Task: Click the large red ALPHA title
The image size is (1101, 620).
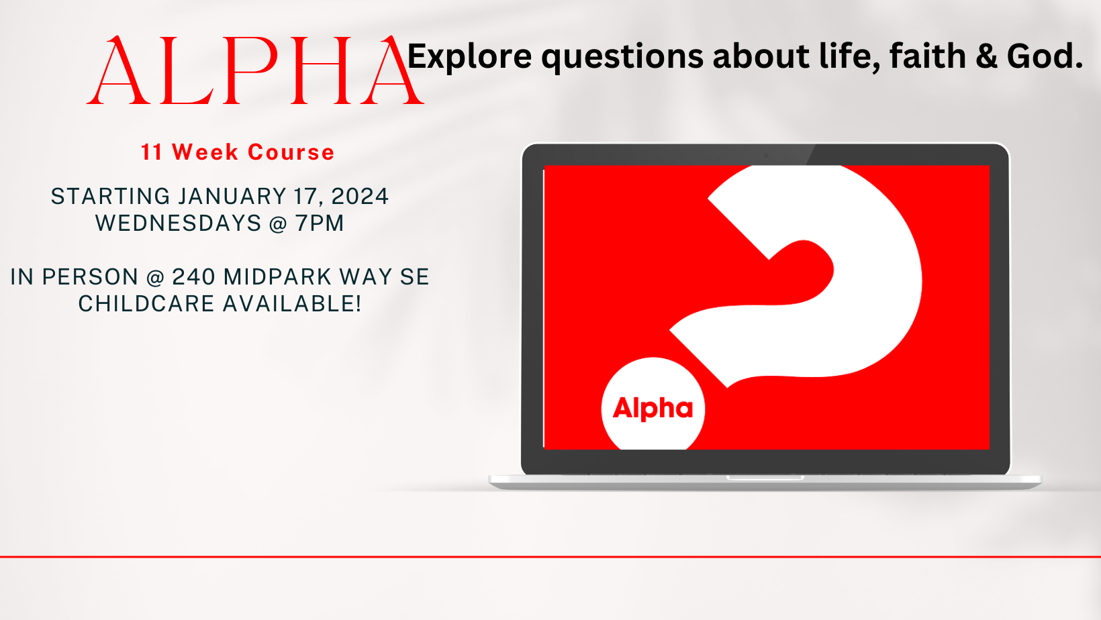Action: [256, 70]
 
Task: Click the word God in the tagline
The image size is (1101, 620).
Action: [1045, 56]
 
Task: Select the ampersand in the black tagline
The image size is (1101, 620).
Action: [986, 56]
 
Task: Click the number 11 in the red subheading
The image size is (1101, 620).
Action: [152, 152]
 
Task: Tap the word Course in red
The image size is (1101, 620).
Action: [291, 152]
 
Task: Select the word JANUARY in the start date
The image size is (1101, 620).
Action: [232, 197]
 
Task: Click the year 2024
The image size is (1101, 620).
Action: [360, 197]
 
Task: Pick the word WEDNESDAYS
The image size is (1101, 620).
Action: [179, 223]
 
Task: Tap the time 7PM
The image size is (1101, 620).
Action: [320, 223]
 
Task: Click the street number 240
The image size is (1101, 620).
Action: [193, 277]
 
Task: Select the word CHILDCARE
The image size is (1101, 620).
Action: [146, 304]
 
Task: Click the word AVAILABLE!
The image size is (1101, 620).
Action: [292, 304]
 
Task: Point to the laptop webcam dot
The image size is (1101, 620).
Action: [766, 156]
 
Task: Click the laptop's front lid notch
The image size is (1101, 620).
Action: [765, 478]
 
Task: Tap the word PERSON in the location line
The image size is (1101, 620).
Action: [91, 277]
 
